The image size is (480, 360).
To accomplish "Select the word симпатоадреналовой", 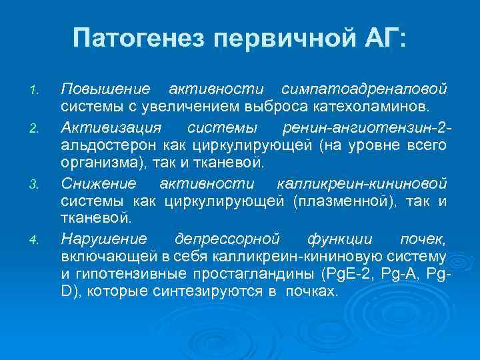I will click(364, 89).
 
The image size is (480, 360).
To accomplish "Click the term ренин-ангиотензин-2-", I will click(367, 127).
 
